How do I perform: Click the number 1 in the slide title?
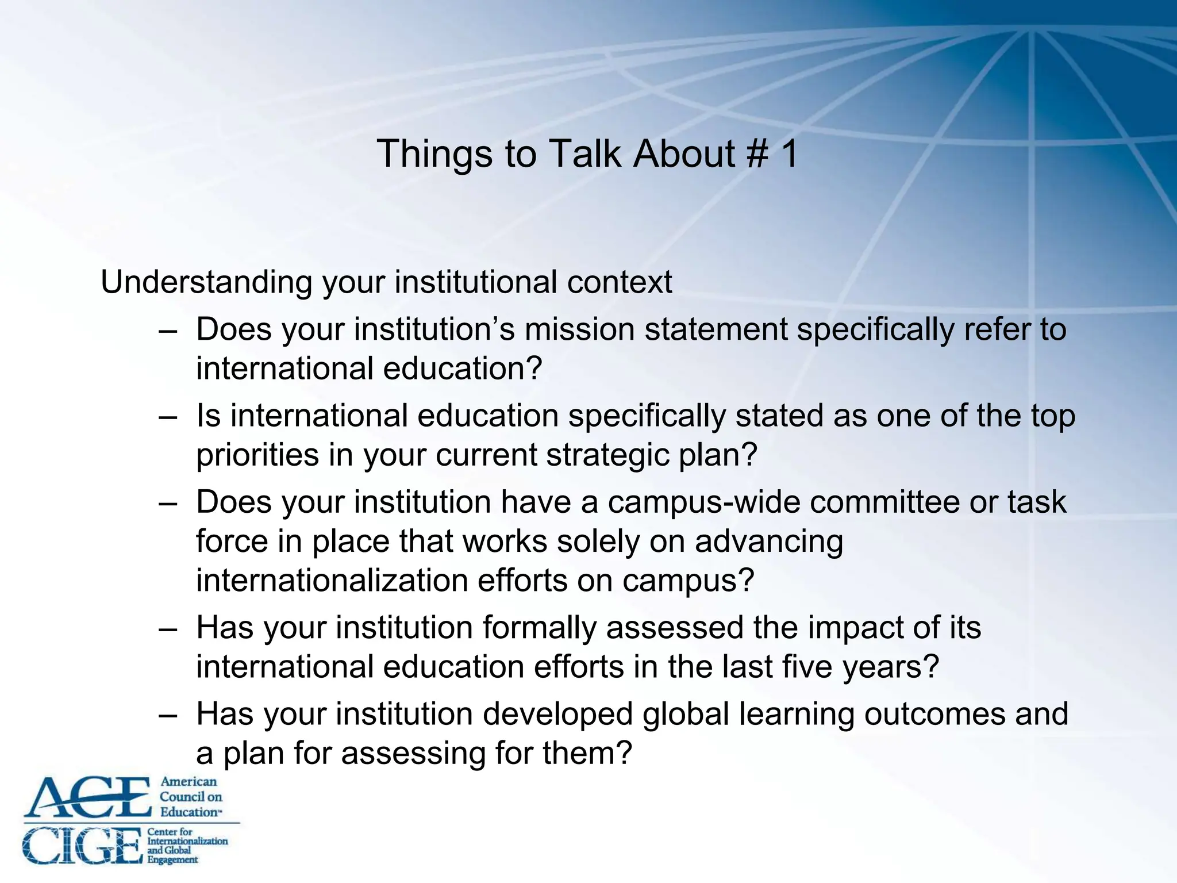[x=788, y=154]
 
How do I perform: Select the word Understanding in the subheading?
[x=206, y=283]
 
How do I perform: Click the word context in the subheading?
[x=620, y=283]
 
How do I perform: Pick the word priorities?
[x=257, y=455]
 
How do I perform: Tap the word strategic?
[x=607, y=455]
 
